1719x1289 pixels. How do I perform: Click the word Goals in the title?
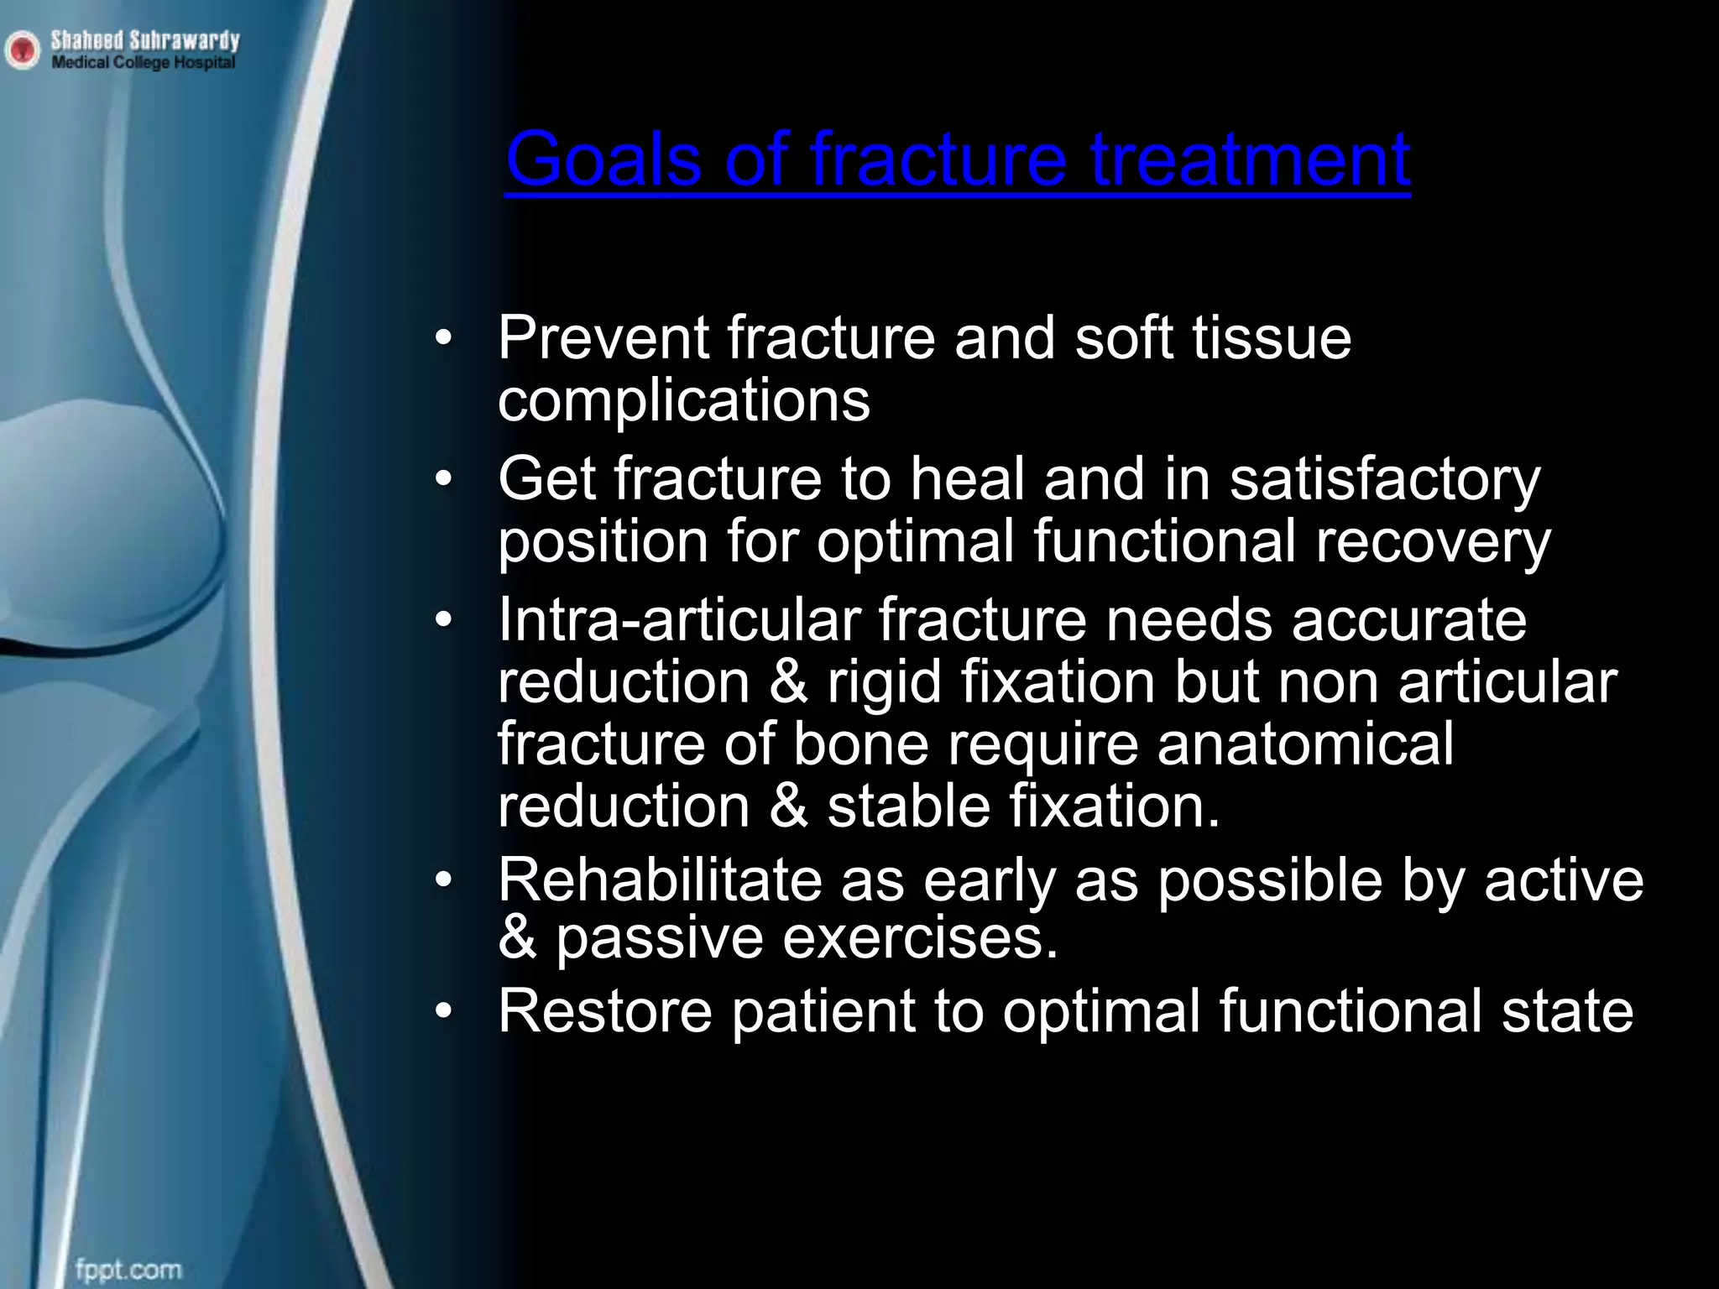(603, 159)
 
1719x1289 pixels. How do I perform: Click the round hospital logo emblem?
(22, 50)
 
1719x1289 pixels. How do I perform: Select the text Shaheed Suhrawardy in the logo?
(145, 39)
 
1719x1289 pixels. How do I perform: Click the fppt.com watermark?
(128, 1269)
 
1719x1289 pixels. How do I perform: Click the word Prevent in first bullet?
(603, 337)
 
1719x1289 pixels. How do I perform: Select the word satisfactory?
(1385, 480)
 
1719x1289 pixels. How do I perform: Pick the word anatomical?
(1304, 744)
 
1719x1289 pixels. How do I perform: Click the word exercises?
(920, 938)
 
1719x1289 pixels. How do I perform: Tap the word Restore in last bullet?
(604, 1010)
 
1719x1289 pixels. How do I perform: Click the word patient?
(823, 1010)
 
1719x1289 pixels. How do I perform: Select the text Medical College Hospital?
(144, 63)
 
